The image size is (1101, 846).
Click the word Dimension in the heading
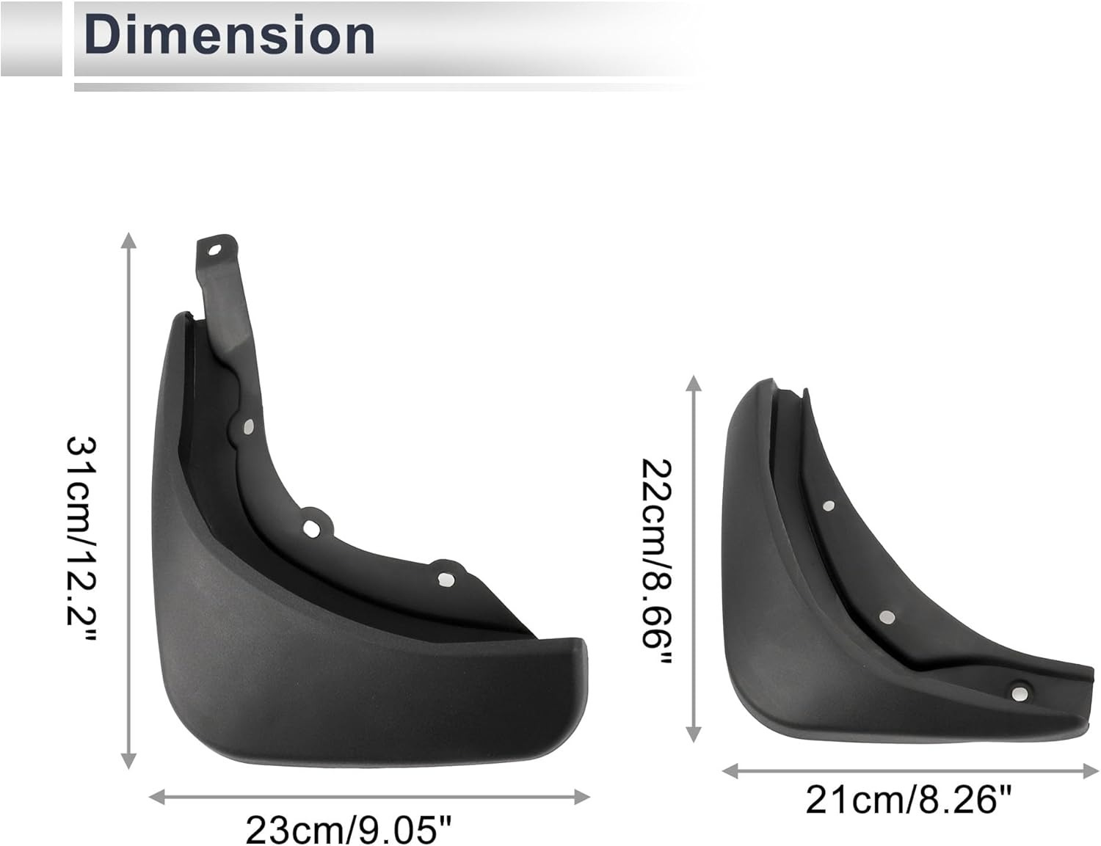tap(230, 34)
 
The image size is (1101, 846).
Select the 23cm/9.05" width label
tap(349, 831)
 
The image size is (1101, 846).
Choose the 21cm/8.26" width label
tap(909, 799)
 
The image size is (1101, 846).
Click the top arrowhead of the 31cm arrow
tap(129, 241)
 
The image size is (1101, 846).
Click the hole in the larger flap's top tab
tap(214, 249)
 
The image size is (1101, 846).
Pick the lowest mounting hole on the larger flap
tap(443, 580)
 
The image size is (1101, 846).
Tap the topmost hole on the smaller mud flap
tap(829, 505)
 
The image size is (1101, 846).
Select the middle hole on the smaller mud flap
tap(886, 617)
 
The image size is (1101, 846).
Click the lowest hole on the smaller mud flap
tap(1018, 693)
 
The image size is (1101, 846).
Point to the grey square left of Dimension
tap(31, 38)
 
